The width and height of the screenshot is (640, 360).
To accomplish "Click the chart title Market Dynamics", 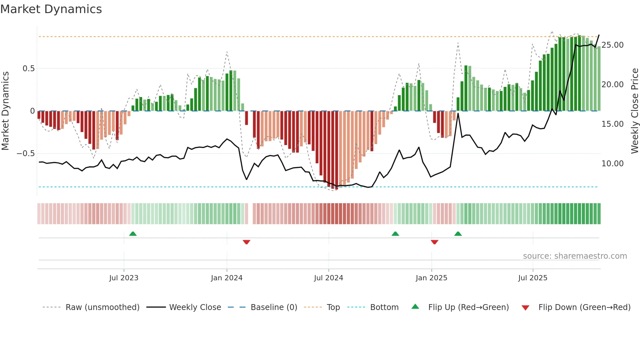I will point(51,9).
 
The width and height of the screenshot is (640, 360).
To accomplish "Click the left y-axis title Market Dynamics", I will point(5,111).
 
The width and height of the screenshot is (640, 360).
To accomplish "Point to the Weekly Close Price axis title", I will point(634,111).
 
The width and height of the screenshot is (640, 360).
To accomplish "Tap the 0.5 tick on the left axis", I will point(28,69).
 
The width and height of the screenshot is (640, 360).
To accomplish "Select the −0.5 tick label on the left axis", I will point(26,154).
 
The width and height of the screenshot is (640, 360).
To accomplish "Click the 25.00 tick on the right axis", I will point(613,45).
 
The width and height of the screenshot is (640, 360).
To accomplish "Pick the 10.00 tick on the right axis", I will point(613,164).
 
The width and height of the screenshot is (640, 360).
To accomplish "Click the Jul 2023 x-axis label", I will point(124,278).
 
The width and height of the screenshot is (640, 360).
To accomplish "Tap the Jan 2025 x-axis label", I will point(431,278).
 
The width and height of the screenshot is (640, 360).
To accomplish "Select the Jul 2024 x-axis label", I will point(328,278).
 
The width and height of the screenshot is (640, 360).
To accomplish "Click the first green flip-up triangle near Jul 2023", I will point(133,234).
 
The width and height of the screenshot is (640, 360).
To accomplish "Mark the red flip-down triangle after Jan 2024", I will point(247,242).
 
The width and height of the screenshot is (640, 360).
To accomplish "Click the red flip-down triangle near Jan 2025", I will point(434,242).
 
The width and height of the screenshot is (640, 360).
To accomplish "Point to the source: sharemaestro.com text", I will point(575,256).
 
